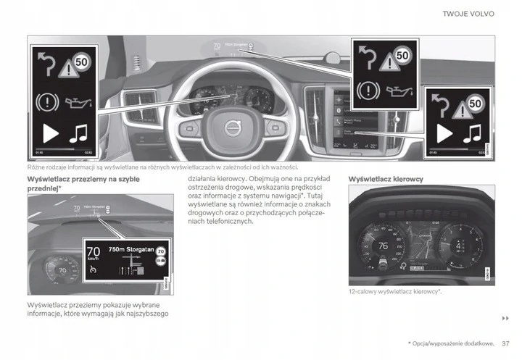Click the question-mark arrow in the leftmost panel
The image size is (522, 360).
pyautogui.click(x=46, y=67)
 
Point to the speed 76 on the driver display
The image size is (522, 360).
pyautogui.click(x=384, y=245)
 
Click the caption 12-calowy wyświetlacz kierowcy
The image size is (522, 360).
pyautogui.click(x=395, y=291)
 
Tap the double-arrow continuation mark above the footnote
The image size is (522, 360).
pyautogui.click(x=505, y=319)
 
